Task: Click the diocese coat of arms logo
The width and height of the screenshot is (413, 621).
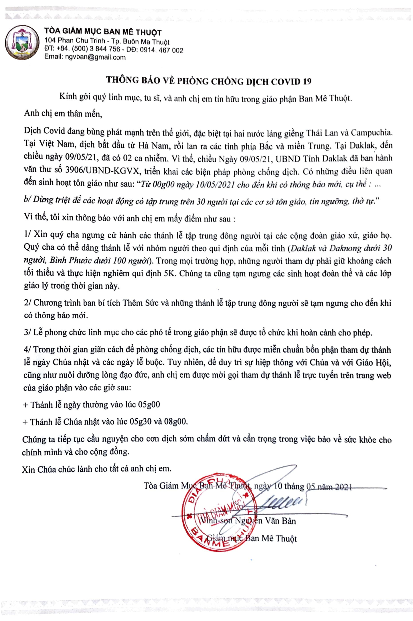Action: (x=22, y=42)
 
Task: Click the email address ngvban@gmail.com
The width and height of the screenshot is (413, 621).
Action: (x=95, y=57)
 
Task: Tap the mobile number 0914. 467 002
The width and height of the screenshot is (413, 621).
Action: (x=161, y=50)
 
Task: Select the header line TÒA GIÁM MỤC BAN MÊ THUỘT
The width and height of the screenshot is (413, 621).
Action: (x=103, y=32)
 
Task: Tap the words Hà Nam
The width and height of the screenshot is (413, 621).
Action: (x=153, y=146)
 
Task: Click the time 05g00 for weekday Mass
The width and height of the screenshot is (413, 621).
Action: (x=149, y=405)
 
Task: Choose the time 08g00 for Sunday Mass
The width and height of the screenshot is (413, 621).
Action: (x=175, y=421)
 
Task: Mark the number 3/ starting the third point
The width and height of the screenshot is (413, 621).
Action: (x=27, y=332)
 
